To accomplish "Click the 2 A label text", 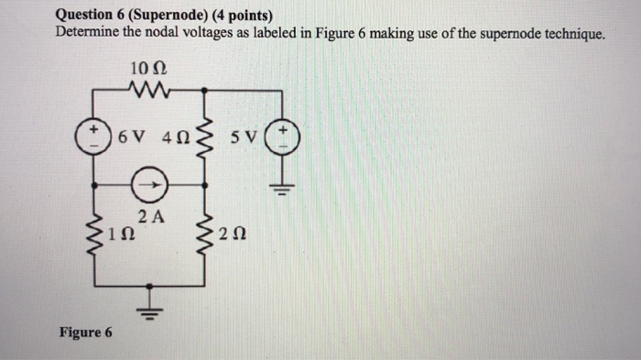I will coord(149,217).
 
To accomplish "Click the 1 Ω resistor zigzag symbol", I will coord(94,235).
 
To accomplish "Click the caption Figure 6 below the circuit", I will coord(85,332).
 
